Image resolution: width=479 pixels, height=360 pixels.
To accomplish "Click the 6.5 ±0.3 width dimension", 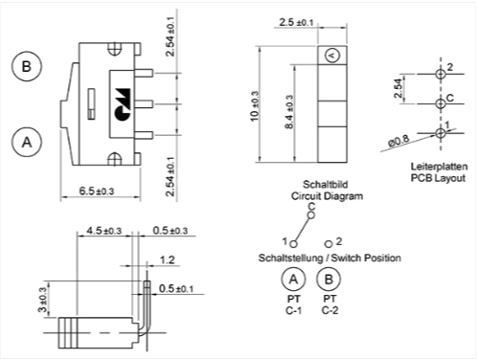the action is pyautogui.click(x=97, y=191).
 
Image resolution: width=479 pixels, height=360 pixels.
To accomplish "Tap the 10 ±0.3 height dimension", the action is pyautogui.click(x=255, y=106).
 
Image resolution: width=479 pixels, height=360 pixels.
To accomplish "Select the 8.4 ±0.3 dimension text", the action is pyautogui.click(x=289, y=112).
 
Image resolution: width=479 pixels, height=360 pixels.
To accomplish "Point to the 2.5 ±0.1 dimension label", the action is pyautogui.click(x=296, y=22).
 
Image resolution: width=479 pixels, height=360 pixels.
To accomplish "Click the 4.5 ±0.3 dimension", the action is pyautogui.click(x=104, y=231).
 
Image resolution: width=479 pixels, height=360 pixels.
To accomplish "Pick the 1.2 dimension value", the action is pyautogui.click(x=168, y=259).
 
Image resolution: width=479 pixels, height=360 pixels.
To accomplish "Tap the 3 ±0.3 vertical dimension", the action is pyautogui.click(x=43, y=300).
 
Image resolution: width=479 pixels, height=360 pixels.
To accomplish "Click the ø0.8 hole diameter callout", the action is pyautogui.click(x=399, y=141).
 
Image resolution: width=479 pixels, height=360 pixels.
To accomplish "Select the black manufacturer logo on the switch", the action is pyautogui.click(x=123, y=104).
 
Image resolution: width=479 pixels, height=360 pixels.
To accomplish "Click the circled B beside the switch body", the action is pyautogui.click(x=27, y=66).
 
